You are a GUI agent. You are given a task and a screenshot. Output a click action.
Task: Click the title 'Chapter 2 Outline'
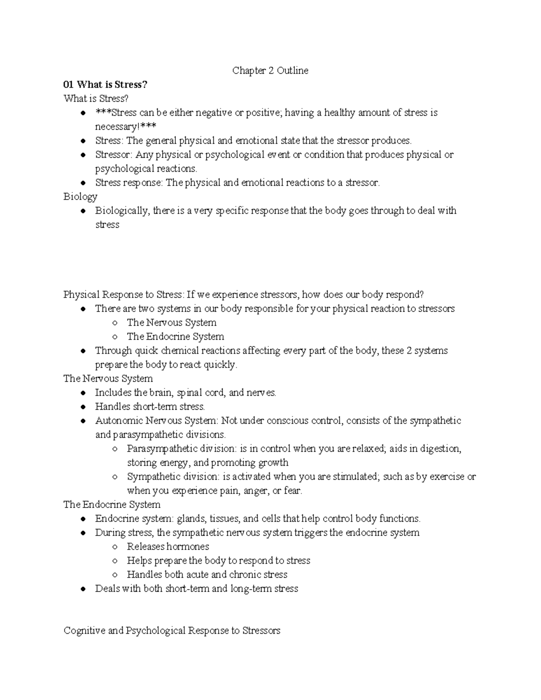click(x=270, y=71)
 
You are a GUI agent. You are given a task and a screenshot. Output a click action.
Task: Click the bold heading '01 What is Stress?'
click(x=105, y=85)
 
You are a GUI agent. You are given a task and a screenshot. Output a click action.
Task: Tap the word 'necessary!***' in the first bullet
click(x=125, y=127)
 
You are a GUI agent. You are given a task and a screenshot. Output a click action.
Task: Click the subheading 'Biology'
click(x=80, y=197)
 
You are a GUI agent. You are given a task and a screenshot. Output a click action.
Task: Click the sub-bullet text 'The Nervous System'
click(x=171, y=323)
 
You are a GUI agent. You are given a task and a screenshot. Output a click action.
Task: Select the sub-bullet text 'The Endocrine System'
click(x=175, y=337)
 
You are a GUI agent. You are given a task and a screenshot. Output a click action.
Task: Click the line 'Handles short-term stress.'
click(x=150, y=407)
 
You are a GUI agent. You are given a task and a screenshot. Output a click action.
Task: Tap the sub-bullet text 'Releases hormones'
click(x=168, y=547)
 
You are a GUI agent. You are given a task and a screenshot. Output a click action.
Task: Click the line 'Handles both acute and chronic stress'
click(x=207, y=575)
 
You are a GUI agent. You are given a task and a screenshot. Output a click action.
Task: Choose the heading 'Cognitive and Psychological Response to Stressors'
click(x=172, y=631)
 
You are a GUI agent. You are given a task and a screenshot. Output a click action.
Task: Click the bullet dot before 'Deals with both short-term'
click(x=83, y=589)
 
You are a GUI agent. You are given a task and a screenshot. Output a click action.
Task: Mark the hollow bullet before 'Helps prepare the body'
click(x=115, y=561)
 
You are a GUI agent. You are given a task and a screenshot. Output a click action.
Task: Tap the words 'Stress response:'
click(x=129, y=183)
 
